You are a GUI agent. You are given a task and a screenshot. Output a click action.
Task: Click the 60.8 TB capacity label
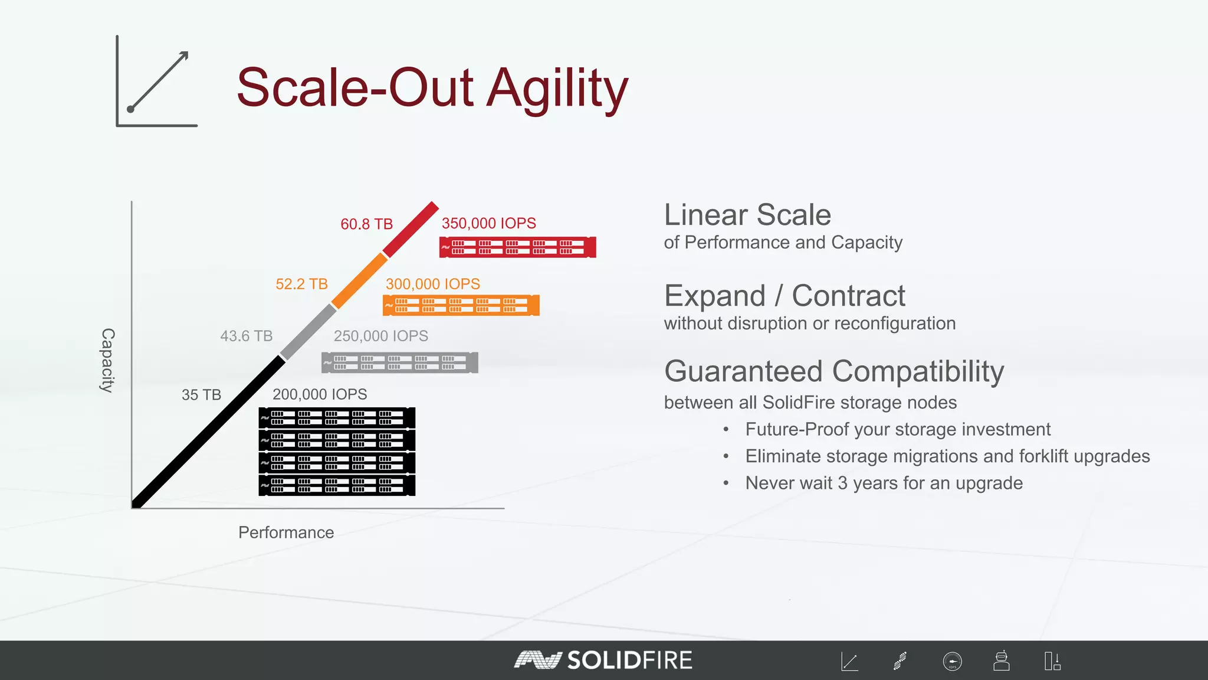[x=366, y=224]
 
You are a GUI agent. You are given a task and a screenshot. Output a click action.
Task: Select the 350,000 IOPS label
[x=488, y=223]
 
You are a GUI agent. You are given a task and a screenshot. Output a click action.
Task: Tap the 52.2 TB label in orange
[x=301, y=284]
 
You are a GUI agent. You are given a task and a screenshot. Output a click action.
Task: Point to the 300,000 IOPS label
[x=432, y=284]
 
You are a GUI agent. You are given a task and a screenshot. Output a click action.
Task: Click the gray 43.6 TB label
[x=246, y=336]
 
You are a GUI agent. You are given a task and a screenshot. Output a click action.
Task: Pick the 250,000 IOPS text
[x=380, y=336]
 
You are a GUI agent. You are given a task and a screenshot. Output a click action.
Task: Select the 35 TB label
[x=201, y=395]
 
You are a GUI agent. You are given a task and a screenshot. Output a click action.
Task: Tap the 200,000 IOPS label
[x=319, y=394]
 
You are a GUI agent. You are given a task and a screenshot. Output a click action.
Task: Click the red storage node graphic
[x=517, y=247]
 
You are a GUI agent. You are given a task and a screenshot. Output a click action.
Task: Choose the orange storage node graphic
[x=461, y=305]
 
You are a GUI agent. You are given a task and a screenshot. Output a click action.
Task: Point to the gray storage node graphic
[x=399, y=362]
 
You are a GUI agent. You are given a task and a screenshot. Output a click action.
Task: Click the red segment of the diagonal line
[x=411, y=228]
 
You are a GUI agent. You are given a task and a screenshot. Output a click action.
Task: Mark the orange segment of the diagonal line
[x=359, y=280]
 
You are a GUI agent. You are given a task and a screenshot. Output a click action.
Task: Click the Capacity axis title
[x=107, y=360]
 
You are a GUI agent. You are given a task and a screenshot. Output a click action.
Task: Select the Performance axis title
[x=286, y=532]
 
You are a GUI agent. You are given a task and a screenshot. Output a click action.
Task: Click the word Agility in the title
[x=557, y=89]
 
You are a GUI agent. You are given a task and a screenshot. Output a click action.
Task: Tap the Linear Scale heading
[x=747, y=215]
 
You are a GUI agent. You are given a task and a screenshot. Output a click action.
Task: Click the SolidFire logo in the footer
[x=603, y=660]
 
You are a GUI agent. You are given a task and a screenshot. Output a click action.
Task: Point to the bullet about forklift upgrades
[x=947, y=456]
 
